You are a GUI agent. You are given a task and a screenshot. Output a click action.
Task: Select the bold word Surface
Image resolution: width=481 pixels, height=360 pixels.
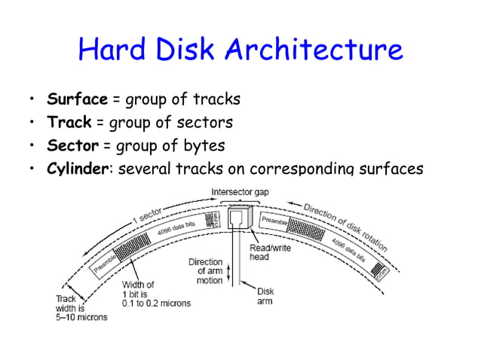77,99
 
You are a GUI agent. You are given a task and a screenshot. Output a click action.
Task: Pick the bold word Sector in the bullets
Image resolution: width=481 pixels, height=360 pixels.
72,145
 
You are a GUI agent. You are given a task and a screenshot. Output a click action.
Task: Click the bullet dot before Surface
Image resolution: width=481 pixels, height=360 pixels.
31,100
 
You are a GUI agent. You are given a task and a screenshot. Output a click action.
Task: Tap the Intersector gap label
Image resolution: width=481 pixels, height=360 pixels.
240,192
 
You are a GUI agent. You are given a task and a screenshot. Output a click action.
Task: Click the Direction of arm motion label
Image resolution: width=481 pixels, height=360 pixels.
205,271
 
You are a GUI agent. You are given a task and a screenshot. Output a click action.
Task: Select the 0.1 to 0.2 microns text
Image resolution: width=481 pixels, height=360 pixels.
157,303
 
